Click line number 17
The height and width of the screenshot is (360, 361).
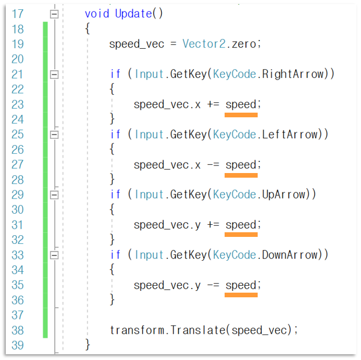pyautogui.click(x=17, y=13)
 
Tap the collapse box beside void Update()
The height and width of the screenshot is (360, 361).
pyautogui.click(x=55, y=13)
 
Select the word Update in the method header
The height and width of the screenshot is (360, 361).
pyautogui.click(x=133, y=13)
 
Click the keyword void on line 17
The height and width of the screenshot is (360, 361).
pyautogui.click(x=96, y=13)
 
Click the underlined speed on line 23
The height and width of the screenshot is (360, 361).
pyautogui.click(x=240, y=105)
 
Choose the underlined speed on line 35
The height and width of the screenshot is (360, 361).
pyautogui.click(x=240, y=285)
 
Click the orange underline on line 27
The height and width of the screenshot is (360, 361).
pyautogui.click(x=241, y=175)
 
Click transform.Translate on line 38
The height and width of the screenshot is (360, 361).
pyautogui.click(x=169, y=330)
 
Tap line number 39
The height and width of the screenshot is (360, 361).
pyautogui.click(x=17, y=345)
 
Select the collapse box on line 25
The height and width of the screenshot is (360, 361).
pyautogui.click(x=55, y=135)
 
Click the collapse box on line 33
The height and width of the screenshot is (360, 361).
pyautogui.click(x=55, y=255)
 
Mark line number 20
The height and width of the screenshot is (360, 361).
pyautogui.click(x=17, y=59)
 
